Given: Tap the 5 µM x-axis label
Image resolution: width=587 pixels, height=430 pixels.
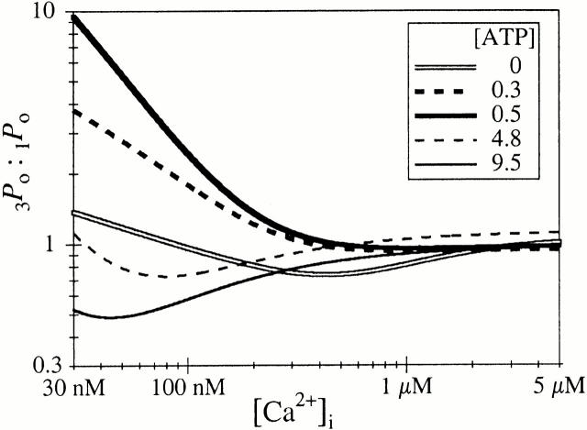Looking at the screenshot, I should [x=557, y=386].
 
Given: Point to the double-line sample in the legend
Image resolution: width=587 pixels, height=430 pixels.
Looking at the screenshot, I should [x=447, y=66].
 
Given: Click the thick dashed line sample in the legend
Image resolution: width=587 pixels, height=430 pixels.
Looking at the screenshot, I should [x=447, y=91].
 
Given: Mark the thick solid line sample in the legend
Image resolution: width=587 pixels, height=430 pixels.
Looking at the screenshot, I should [x=447, y=115].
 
